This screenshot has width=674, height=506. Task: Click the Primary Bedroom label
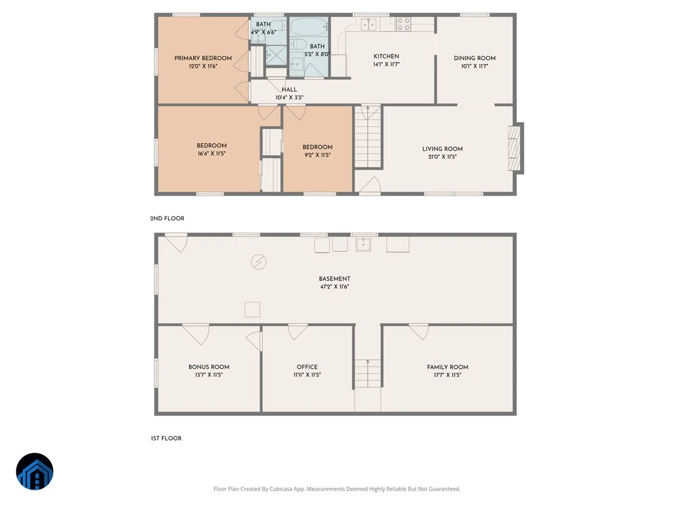point(203,58)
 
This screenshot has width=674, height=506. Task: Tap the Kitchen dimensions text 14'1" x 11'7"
point(386,64)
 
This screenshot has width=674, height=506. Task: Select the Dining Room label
point(475,58)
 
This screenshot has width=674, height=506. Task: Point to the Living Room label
point(442,148)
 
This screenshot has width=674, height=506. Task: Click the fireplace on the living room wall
point(514,148)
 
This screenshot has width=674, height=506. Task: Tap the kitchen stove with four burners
point(403,24)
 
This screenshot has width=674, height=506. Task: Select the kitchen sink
point(368,24)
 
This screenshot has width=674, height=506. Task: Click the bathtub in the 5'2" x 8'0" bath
point(308,27)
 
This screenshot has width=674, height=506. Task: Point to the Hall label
point(289,89)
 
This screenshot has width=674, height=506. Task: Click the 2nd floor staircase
point(368,137)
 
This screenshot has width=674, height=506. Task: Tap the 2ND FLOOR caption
point(167,219)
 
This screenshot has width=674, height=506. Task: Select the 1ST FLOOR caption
point(166,439)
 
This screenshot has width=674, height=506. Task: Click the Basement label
point(334,279)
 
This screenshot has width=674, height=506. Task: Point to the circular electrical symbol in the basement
point(258,262)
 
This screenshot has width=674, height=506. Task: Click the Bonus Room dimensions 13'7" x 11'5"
point(209,375)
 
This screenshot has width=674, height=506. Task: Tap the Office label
point(307,367)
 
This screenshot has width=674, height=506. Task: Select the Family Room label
point(448,367)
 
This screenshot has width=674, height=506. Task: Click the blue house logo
point(35,471)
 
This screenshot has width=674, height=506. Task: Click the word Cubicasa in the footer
point(281,489)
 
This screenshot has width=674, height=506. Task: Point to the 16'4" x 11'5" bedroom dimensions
point(212,153)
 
